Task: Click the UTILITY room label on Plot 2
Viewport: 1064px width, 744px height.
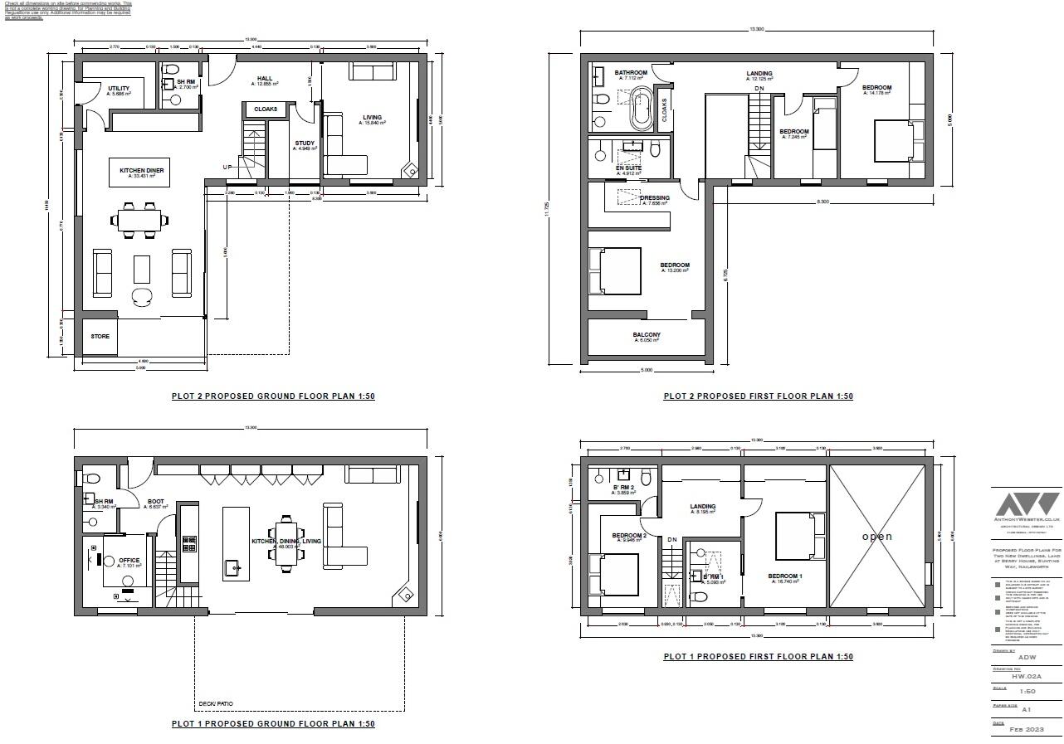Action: [x=118, y=89]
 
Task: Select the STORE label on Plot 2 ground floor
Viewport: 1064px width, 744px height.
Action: [x=100, y=337]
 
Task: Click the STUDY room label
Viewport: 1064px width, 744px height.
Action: [x=305, y=144]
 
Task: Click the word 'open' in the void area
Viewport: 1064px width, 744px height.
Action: [x=876, y=537]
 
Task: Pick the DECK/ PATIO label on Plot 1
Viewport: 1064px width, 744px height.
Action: [x=215, y=704]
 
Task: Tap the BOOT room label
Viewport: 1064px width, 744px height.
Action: [x=155, y=502]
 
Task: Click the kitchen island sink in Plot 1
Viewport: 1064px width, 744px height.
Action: [x=232, y=568]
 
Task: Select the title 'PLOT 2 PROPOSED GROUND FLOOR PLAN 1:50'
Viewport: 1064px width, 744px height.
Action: [x=273, y=396]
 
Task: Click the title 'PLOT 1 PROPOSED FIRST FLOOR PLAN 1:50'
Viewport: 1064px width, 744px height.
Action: [x=758, y=657]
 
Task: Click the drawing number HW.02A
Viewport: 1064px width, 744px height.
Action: [x=1026, y=678]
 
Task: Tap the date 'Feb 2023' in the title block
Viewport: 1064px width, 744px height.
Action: [x=1026, y=730]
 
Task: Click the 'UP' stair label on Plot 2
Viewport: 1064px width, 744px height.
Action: [x=227, y=168]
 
